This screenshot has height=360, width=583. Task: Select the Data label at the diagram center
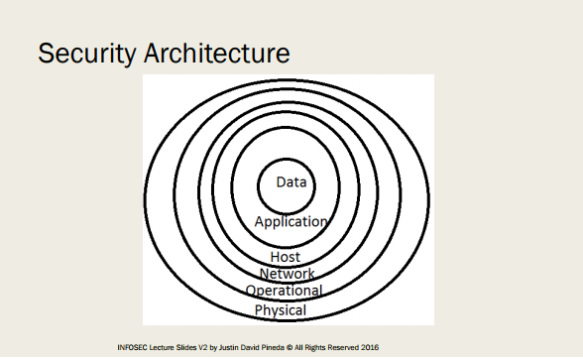pyautogui.click(x=291, y=182)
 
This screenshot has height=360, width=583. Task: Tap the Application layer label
pyautogui.click(x=291, y=222)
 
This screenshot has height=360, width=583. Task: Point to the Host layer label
pyautogui.click(x=286, y=258)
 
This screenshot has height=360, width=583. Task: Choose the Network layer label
pyautogui.click(x=287, y=274)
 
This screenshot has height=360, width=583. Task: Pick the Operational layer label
pyautogui.click(x=285, y=291)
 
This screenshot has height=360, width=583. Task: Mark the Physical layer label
pyautogui.click(x=281, y=310)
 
